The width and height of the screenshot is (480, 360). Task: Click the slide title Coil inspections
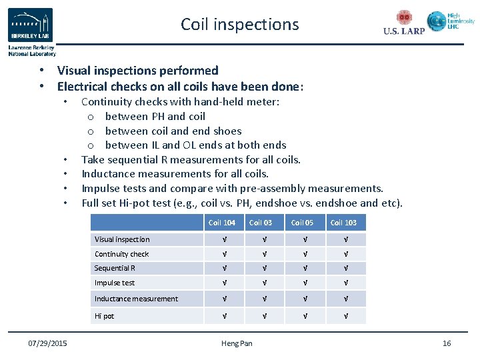click(239, 25)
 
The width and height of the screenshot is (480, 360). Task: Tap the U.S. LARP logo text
click(404, 31)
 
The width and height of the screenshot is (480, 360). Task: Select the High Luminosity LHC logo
click(451, 21)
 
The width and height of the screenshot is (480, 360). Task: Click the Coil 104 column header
click(223, 223)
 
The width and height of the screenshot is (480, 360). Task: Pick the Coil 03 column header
click(261, 223)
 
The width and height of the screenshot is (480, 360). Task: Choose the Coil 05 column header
click(302, 223)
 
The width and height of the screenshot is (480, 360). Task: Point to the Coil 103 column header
click(344, 223)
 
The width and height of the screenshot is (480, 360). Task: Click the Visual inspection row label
click(122, 239)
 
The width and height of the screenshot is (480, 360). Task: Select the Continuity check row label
click(122, 254)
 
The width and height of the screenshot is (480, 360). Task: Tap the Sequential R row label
click(115, 268)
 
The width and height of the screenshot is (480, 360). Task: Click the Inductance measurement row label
click(136, 299)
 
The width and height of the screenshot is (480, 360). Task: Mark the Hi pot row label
click(104, 316)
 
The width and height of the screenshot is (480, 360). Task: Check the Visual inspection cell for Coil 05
click(303, 239)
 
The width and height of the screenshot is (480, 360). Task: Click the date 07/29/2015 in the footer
click(47, 343)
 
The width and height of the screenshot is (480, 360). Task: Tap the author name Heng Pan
click(237, 343)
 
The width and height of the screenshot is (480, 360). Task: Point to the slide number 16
click(447, 343)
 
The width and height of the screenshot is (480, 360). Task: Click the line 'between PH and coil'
click(155, 117)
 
